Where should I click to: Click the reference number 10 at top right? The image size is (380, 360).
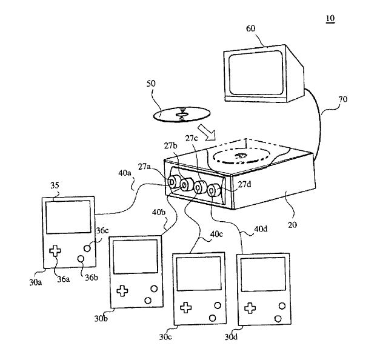330,19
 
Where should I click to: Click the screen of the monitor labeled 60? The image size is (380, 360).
255,73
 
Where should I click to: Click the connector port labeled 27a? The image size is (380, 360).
173,182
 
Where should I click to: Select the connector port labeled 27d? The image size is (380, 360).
213,191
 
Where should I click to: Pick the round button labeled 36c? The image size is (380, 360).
88,247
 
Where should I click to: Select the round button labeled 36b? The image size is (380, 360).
81,259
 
